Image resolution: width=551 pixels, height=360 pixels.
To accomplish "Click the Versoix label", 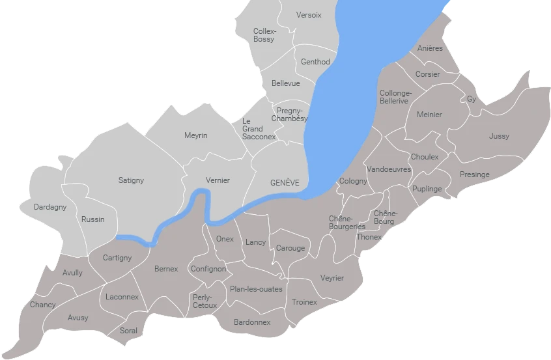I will coord(309,15).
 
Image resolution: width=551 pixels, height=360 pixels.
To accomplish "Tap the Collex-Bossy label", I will coord(264,35).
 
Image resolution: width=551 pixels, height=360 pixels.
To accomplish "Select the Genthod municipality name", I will coord(315,62).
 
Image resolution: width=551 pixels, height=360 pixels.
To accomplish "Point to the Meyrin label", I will coord(195,135).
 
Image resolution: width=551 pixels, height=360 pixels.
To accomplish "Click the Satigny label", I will coord(131,180).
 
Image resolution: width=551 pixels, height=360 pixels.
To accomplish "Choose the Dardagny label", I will coord(50,208).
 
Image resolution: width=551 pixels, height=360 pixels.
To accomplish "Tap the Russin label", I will coord(93,219).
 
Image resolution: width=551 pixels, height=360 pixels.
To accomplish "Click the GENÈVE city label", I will coord(285,183).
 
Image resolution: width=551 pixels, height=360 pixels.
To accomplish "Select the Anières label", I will coord(430,48).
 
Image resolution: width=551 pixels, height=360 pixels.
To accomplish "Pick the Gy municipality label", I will coord(472,99).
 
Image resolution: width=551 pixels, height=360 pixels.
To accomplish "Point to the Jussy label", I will coord(499,136).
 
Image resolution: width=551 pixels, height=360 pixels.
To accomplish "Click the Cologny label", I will coord(353,181).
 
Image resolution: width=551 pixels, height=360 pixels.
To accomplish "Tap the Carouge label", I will coord(290,248).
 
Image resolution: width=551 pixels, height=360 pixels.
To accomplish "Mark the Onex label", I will coord(225,239).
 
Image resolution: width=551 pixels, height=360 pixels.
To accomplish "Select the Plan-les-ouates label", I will coord(257,289).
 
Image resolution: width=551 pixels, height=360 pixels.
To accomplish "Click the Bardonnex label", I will coord(252,322).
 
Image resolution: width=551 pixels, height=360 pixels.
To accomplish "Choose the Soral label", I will coord(129,331).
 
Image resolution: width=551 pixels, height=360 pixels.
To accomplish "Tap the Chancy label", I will coord(43,305).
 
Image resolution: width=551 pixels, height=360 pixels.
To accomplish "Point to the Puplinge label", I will coord(427,189).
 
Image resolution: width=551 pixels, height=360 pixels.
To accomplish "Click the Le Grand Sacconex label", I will coord(252,129).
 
